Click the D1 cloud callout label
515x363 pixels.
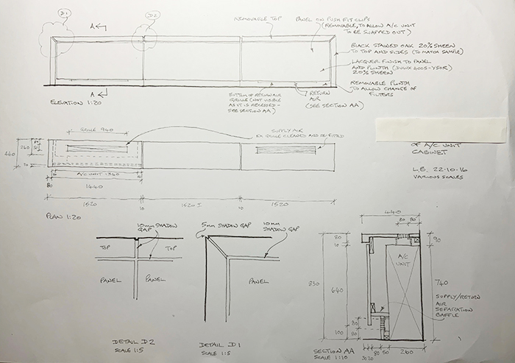63,15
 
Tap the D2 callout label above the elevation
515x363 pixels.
152,15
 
